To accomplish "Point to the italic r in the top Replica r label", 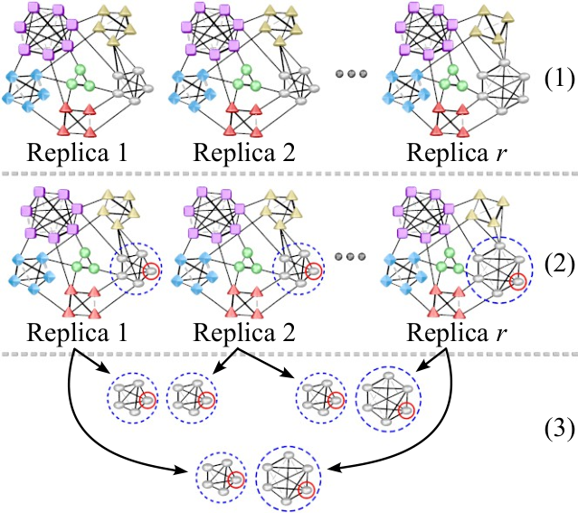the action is tap(499, 155).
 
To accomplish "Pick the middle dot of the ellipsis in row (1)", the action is tap(351, 74).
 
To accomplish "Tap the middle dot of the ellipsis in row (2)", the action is tap(350, 256).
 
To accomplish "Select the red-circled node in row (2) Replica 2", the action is tap(314, 271).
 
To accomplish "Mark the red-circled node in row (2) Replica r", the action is tap(517, 281).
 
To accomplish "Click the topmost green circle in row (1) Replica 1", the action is tap(81, 70).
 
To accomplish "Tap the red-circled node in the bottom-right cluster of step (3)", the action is tap(307, 490).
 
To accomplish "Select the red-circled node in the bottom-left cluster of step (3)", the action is tap(236, 480).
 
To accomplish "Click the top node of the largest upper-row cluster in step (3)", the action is tap(387, 375).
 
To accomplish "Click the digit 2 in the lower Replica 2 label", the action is tap(289, 333).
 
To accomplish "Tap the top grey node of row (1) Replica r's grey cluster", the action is tap(504, 62).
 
